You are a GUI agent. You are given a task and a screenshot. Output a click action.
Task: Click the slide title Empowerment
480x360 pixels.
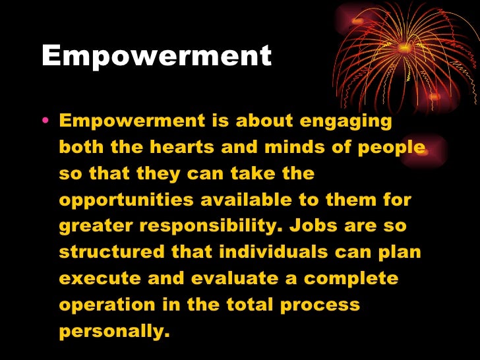coord(156,57)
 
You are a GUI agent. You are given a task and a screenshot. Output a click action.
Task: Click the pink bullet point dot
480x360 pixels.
coord(44,122)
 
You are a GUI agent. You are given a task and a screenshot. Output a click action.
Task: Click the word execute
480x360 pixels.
coord(98,278)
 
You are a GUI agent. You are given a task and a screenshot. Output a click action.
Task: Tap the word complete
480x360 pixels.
coord(351,278)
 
